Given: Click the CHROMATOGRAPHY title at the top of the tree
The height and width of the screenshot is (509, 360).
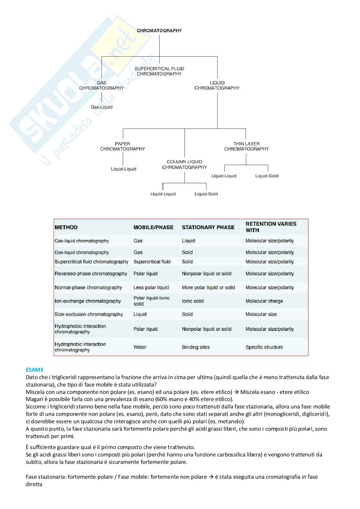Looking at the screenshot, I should point(159,31).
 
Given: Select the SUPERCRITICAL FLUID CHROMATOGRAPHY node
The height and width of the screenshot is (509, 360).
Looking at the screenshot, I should point(159,71).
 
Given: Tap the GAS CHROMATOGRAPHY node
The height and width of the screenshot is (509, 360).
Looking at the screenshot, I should point(102,85).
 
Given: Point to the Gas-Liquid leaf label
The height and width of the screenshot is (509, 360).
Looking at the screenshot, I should point(102,107).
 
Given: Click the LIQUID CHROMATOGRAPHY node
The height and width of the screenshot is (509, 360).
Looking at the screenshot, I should point(217,85).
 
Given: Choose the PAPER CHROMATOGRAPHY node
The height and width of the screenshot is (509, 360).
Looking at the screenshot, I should point(123,146).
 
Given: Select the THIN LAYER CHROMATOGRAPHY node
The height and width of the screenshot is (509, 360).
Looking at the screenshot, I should point(246,146).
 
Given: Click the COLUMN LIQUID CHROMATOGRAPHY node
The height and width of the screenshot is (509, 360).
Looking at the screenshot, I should point(185,164).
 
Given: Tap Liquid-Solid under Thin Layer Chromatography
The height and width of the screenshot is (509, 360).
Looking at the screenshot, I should point(267,176).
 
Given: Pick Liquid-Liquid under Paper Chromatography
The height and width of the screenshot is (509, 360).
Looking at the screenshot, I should point(124,169).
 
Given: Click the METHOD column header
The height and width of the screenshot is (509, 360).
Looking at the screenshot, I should point(66,227).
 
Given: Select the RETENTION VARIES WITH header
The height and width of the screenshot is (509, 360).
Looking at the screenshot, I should point(271,227).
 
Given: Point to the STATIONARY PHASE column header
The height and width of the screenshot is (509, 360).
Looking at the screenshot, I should point(208,227).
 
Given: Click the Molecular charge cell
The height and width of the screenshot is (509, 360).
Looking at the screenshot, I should point(264,301).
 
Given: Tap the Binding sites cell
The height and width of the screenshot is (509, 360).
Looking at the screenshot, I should point(196,347).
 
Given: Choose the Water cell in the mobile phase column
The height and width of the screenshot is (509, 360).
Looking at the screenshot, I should point(140,347).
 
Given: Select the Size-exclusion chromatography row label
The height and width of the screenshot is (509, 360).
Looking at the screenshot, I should point(89,314).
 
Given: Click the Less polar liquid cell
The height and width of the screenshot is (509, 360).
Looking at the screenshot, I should point(151,288).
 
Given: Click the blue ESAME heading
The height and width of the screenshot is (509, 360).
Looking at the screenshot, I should point(35,370).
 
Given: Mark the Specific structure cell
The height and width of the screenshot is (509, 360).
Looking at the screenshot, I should point(264,347).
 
